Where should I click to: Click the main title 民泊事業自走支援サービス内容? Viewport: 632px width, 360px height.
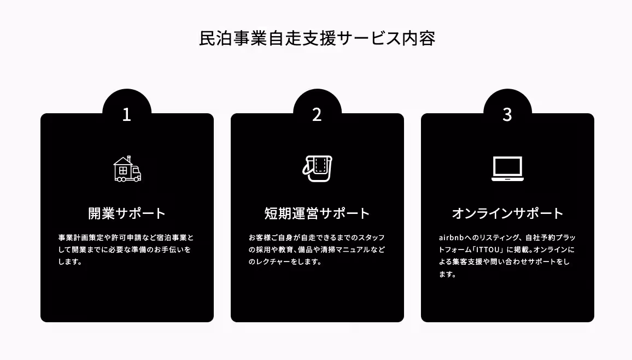click(x=317, y=39)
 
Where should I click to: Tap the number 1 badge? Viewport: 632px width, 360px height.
click(x=127, y=114)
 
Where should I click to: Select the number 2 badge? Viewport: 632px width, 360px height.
click(x=317, y=114)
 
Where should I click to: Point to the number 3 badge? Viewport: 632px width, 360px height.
click(x=507, y=114)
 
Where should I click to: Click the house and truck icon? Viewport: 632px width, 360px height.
click(x=127, y=169)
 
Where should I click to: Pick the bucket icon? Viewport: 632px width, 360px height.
click(x=318, y=169)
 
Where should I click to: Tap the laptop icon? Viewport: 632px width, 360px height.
click(x=507, y=169)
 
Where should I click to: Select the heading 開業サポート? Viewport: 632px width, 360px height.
click(x=127, y=213)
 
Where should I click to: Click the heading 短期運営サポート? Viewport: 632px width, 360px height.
click(x=317, y=213)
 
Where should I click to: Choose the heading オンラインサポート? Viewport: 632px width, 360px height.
click(x=507, y=213)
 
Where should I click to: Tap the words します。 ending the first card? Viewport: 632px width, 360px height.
click(x=70, y=262)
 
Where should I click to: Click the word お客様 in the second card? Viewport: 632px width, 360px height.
click(x=260, y=238)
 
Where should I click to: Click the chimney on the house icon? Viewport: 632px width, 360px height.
click(x=128, y=159)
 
